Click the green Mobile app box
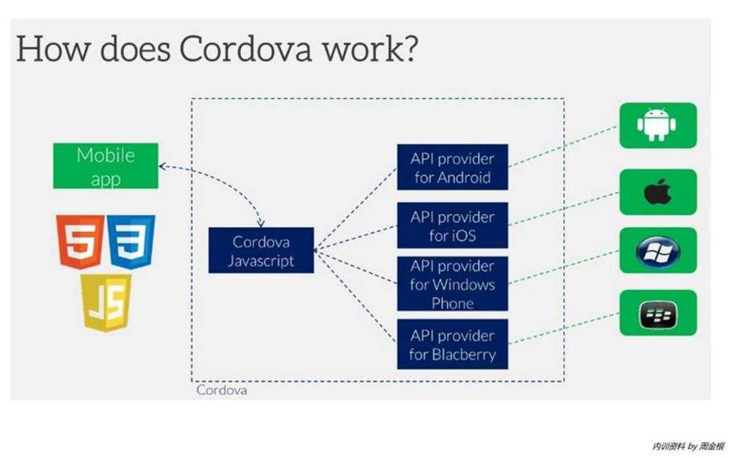point(106,166)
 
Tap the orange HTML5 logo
point(80,242)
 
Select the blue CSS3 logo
point(131,242)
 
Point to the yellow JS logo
point(106,303)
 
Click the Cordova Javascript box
point(261,251)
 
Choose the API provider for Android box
point(452,167)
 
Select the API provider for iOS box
point(452,225)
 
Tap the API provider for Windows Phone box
point(452,284)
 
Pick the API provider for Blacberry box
point(452,344)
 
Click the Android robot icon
point(657,125)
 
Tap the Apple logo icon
point(658,191)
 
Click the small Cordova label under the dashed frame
point(221,391)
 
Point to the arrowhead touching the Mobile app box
point(163,166)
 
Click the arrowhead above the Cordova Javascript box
point(261,224)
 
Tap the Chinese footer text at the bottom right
point(688,446)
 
